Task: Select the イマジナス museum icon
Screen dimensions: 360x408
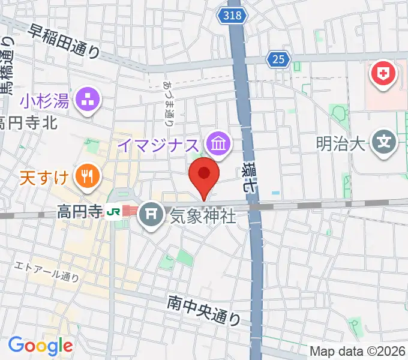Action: point(216,143)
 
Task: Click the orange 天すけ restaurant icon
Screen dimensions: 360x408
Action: point(87,176)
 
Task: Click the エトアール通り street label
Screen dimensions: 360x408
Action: point(47,270)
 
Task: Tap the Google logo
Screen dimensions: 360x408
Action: point(40,346)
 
